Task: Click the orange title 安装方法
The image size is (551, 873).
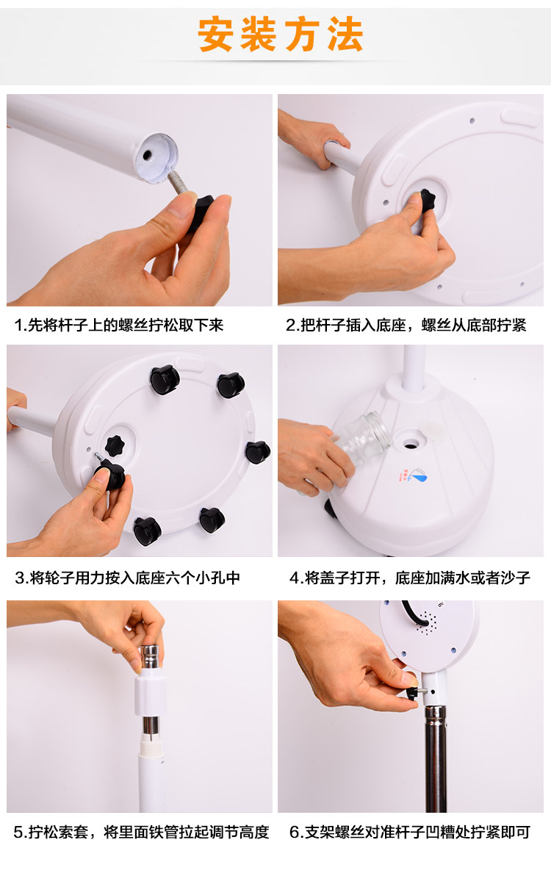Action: (281, 35)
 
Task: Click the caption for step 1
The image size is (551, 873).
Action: (118, 325)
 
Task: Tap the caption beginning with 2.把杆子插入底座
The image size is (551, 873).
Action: (406, 325)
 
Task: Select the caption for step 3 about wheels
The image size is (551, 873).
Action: (127, 578)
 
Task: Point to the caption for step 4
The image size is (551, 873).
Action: (410, 578)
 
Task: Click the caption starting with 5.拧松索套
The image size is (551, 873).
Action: (141, 833)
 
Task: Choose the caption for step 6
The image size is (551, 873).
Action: (410, 833)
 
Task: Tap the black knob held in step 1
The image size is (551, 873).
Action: (201, 212)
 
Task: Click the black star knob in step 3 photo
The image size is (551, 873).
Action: (115, 445)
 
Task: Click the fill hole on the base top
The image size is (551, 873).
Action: (411, 443)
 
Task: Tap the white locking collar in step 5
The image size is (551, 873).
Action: (151, 692)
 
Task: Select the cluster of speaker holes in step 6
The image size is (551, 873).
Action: (426, 622)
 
